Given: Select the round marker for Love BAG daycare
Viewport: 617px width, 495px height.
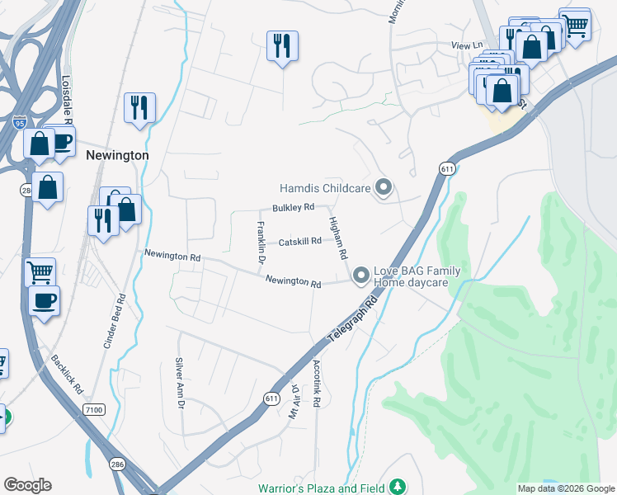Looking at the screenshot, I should pos(360,276).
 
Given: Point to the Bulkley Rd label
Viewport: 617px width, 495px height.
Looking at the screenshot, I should pos(294,207).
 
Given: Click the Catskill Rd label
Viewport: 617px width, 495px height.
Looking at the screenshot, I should pos(299,242).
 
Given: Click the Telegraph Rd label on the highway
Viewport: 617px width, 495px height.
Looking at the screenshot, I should pos(356,321).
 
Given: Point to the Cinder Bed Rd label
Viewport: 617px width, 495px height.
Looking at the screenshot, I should pos(114,322).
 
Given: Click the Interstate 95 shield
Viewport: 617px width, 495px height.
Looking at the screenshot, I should pos(20,123).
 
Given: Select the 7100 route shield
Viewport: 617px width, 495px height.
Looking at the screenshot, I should pos(95,409).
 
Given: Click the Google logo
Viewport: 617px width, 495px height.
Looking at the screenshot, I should pos(27,485).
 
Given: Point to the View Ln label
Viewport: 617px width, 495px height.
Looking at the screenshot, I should pos(466,45).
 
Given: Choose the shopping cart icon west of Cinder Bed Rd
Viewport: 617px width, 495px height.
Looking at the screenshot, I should pos(40,271).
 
